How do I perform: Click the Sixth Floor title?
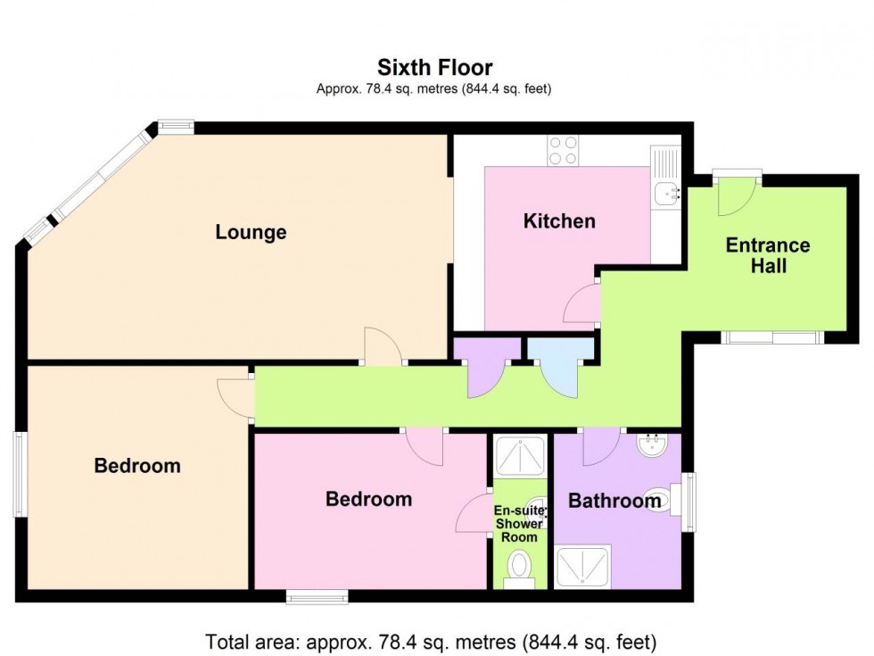435,67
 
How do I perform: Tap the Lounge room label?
251,232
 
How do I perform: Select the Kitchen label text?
559,220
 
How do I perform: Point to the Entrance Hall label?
767,254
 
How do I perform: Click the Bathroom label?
614,501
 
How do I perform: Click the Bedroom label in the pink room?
368,499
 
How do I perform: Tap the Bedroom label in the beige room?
137,465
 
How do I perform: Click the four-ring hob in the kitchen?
563,150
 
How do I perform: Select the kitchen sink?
665,191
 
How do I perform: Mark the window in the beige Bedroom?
19,474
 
